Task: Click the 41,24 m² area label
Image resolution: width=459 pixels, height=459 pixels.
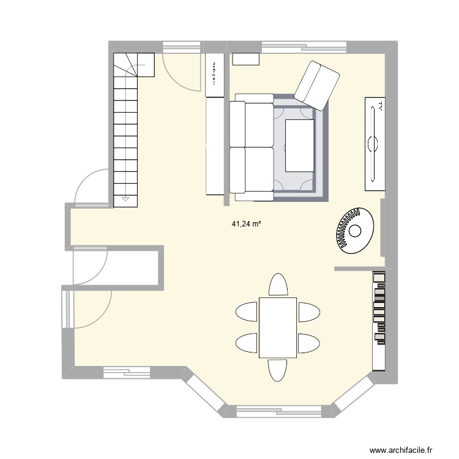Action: pyautogui.click(x=246, y=225)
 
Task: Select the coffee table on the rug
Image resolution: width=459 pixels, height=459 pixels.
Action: pyautogui.click(x=300, y=146)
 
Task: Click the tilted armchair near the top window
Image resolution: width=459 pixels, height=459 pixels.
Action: pyautogui.click(x=316, y=85)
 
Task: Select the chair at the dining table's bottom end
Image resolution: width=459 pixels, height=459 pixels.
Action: pyautogui.click(x=278, y=370)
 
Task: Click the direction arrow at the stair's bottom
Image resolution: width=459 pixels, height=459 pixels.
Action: pyautogui.click(x=125, y=199)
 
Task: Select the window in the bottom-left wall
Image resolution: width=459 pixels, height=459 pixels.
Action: pyautogui.click(x=127, y=369)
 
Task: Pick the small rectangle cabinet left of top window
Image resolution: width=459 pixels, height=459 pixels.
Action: pyautogui.click(x=247, y=59)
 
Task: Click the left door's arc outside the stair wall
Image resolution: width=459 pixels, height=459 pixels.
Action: pyautogui.click(x=88, y=186)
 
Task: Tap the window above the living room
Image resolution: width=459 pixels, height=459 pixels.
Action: pyautogui.click(x=304, y=46)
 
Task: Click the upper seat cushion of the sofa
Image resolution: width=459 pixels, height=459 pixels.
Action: pyautogui.click(x=252, y=125)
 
